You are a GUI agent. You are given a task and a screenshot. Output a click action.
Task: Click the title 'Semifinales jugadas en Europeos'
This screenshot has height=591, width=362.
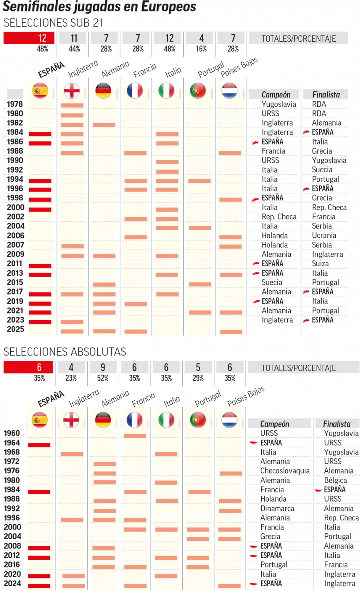click(x=99, y=7)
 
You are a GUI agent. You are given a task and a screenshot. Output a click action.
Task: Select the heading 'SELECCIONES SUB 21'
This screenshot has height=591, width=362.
click(x=53, y=23)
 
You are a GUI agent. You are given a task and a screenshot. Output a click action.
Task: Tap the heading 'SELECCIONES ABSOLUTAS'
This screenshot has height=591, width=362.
click(x=65, y=352)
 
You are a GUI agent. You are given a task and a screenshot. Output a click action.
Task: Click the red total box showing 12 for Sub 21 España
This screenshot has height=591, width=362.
click(x=29, y=38)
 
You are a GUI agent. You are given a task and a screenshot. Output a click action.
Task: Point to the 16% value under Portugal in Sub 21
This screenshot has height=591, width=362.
click(x=201, y=49)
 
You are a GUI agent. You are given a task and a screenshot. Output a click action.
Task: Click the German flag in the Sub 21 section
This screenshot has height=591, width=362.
click(x=103, y=91)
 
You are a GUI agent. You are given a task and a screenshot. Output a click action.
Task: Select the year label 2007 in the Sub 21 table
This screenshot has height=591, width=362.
click(x=15, y=245)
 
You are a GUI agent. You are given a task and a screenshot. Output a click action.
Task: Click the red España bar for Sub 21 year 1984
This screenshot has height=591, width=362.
click(x=40, y=134)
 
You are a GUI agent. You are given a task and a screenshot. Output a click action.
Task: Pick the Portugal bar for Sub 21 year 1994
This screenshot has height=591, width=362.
click(x=199, y=181)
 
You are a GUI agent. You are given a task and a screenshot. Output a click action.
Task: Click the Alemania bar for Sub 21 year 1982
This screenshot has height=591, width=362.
click(x=104, y=125)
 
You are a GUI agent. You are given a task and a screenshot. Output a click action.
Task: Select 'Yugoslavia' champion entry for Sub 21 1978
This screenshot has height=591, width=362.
click(x=279, y=104)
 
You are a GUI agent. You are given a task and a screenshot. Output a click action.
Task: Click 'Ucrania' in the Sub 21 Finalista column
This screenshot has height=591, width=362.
click(x=324, y=236)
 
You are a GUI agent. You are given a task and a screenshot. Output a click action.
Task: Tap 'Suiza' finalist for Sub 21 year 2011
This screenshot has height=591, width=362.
click(x=320, y=264)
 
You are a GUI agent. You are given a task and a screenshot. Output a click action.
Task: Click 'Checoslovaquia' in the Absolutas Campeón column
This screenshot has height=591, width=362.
click(x=285, y=471)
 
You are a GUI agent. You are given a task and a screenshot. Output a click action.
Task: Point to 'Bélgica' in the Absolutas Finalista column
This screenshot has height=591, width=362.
click(x=335, y=480)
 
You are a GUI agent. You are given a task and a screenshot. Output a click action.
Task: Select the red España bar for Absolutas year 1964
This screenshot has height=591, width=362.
click(x=39, y=445)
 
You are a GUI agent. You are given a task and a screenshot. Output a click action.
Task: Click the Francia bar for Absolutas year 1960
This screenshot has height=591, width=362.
click(x=135, y=436)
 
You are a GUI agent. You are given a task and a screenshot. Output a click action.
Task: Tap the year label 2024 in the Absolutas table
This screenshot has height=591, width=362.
click(x=12, y=583)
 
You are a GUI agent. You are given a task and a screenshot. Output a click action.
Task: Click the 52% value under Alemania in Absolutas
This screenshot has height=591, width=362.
click(x=103, y=378)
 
